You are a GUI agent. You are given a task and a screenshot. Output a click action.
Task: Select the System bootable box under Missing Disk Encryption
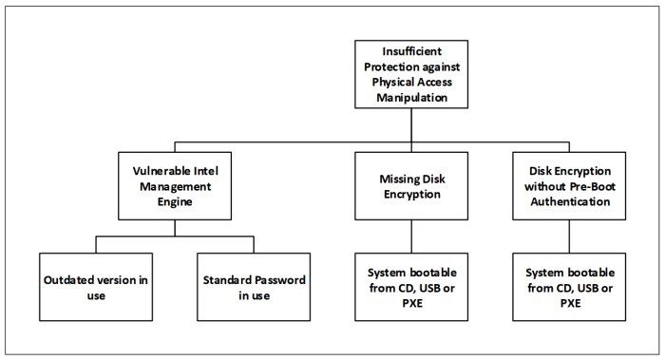tap(409, 288)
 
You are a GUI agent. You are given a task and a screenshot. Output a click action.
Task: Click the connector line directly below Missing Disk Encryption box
tap(409, 236)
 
